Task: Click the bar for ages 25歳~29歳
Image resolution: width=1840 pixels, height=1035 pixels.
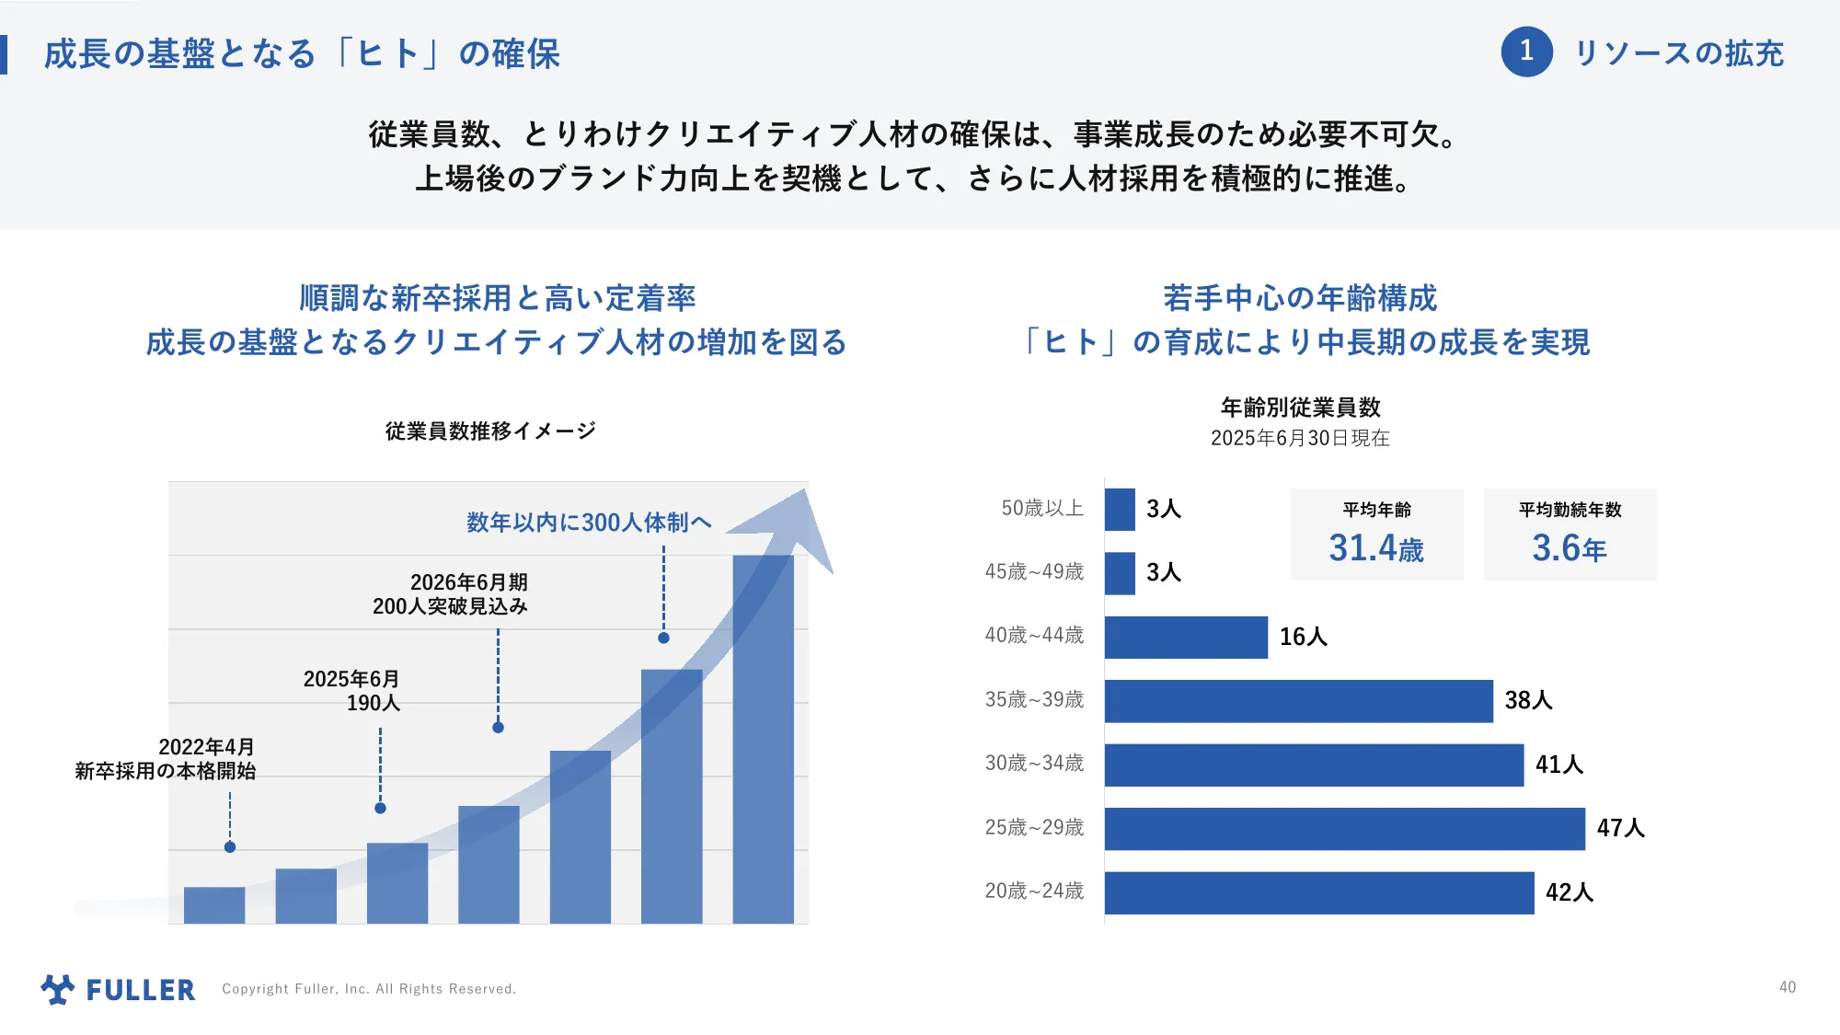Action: pyautogui.click(x=1344, y=829)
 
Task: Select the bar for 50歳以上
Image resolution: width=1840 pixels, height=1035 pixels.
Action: pyautogui.click(x=1120, y=509)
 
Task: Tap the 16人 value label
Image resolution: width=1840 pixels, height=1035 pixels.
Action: pyautogui.click(x=1303, y=637)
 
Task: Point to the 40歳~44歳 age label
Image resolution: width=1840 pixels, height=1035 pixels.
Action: pyautogui.click(x=1034, y=636)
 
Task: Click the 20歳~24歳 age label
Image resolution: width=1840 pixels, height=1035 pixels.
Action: pyautogui.click(x=1034, y=891)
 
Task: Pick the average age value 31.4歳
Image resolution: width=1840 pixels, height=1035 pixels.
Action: pyautogui.click(x=1375, y=548)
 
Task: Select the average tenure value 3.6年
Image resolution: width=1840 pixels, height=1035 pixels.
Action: pyautogui.click(x=1569, y=548)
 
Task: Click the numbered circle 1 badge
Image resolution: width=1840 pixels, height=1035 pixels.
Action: pyautogui.click(x=1526, y=52)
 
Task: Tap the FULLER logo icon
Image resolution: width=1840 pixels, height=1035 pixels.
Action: pyautogui.click(x=58, y=989)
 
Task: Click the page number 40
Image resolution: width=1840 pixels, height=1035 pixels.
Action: pyautogui.click(x=1787, y=987)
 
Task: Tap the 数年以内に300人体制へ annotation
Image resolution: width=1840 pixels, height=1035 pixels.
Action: pyautogui.click(x=589, y=523)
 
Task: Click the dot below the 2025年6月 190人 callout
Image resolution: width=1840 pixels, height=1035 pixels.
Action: pyautogui.click(x=380, y=808)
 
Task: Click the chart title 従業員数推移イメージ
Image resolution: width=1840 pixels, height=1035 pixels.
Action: pyautogui.click(x=490, y=431)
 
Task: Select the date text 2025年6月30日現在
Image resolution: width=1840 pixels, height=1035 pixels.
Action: pyautogui.click(x=1299, y=438)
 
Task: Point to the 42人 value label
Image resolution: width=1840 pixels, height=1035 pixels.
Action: pyautogui.click(x=1569, y=892)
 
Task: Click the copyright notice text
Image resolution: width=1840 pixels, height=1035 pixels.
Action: pyautogui.click(x=369, y=989)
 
